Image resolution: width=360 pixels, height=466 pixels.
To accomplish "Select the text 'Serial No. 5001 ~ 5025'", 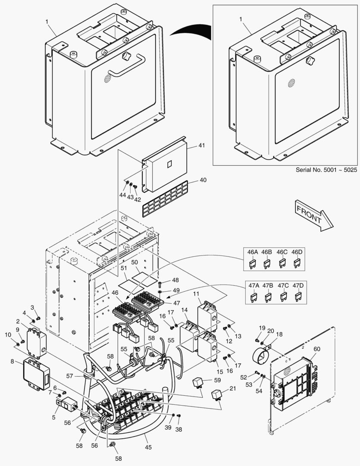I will pos(326,170).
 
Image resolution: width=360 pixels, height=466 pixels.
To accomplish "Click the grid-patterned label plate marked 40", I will pos(165,199).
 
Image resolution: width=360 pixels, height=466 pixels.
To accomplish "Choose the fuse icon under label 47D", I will pos(297,297).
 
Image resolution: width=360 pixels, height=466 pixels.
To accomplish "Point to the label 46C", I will pos(282,252).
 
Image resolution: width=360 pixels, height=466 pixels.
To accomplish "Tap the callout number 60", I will pos(317,349).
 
